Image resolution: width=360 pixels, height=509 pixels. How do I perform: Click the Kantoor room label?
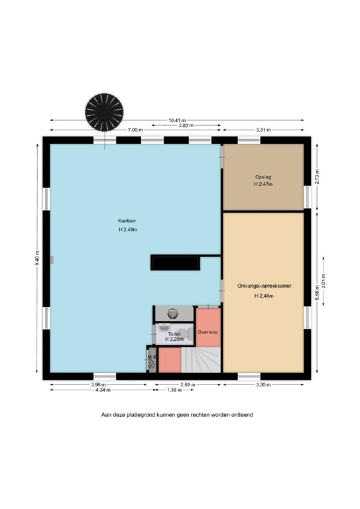[x=127, y=221]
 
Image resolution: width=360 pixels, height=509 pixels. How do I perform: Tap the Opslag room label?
[x=263, y=177]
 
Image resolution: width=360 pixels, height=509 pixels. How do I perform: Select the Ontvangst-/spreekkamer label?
[x=265, y=286]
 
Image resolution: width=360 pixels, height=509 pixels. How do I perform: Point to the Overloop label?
[x=208, y=332]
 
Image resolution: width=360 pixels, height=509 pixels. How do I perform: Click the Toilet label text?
[x=174, y=334]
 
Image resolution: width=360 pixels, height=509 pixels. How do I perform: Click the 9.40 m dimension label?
[x=37, y=258]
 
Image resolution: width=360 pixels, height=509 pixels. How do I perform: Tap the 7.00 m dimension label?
[x=135, y=130]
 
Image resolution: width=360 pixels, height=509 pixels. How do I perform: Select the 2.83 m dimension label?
[x=186, y=125]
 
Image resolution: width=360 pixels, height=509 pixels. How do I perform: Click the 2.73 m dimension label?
[x=317, y=177]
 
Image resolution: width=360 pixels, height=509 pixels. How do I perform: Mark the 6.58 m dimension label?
[x=317, y=293]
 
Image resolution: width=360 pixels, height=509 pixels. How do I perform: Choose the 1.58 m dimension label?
[x=174, y=390]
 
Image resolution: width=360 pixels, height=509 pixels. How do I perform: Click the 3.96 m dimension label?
[x=99, y=384]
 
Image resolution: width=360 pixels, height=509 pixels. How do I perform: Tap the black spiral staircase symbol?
[x=104, y=112]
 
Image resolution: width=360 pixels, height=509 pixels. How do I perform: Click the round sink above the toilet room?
[x=172, y=313]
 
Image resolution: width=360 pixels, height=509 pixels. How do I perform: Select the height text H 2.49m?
[x=128, y=229]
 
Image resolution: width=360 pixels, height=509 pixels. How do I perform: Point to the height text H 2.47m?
[x=263, y=184]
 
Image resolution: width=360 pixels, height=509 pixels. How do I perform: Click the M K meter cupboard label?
[x=152, y=357]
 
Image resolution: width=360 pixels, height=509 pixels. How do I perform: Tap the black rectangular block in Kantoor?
[x=175, y=263]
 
